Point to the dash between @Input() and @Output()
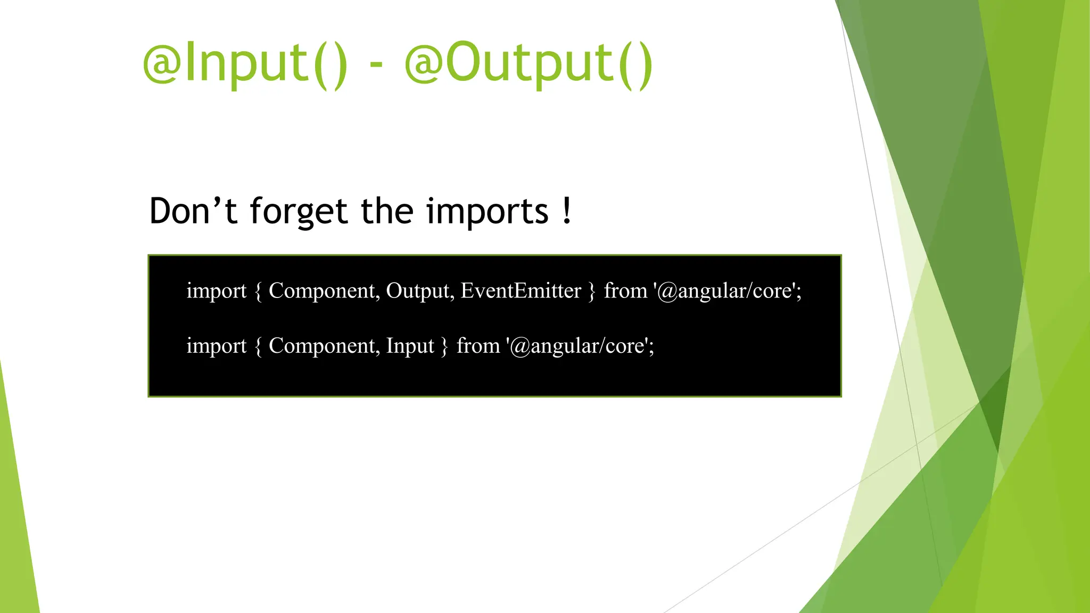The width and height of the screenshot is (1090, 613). click(376, 65)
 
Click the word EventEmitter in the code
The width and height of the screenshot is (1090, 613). click(521, 291)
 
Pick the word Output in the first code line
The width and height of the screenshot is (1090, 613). click(418, 291)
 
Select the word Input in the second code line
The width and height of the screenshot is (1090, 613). click(410, 346)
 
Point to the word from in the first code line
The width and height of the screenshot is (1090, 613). click(625, 291)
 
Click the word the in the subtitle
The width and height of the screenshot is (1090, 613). click(387, 211)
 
